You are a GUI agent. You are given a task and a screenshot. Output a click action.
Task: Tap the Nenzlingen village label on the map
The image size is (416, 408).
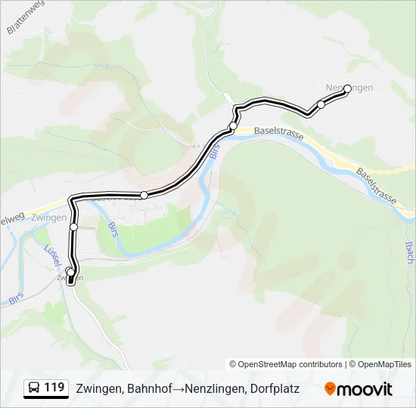[349, 88]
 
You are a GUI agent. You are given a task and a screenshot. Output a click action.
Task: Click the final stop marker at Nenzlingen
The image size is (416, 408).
[347, 88]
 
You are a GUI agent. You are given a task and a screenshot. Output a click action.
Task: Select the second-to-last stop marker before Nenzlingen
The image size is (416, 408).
[321, 104]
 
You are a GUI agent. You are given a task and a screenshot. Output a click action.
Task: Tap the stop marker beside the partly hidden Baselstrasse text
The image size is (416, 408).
[144, 195]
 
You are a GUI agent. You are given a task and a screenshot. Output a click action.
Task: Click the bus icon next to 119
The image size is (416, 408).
[35, 388]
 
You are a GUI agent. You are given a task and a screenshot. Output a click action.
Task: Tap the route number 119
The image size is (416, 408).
[54, 388]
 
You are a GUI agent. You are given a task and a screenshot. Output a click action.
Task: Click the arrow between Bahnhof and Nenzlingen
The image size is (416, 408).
[176, 389]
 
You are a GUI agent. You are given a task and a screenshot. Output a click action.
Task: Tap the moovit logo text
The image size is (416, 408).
[365, 389]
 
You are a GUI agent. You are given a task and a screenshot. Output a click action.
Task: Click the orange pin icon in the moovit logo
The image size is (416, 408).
[330, 388]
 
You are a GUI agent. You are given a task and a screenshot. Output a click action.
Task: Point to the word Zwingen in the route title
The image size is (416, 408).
[99, 389]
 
